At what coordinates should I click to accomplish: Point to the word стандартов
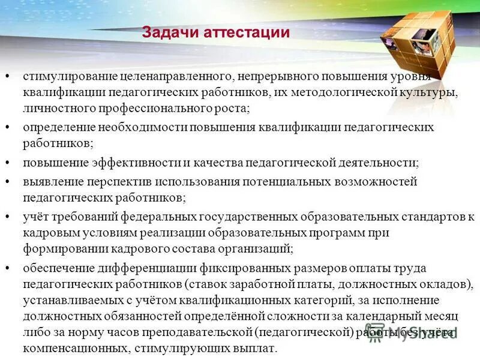pyautogui.click(x=429, y=217)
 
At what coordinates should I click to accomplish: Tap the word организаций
pyautogui.click(x=257, y=247)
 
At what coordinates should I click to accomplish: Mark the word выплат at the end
pyautogui.click(x=260, y=348)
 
